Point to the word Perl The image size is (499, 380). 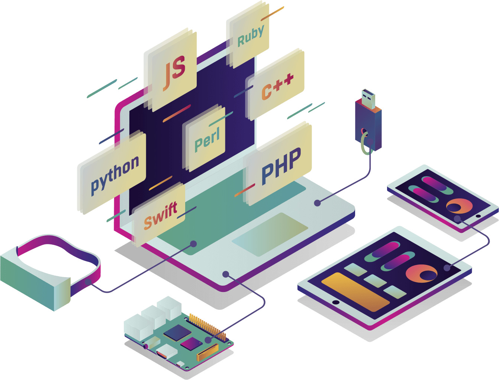(x=207, y=139)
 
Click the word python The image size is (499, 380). (x=115, y=174)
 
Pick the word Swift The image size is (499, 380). (x=160, y=216)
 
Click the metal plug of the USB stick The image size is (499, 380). (x=368, y=98)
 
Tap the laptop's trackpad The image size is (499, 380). (x=270, y=234)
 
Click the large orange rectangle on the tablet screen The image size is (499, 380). (x=355, y=292)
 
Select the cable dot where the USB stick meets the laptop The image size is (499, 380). (x=317, y=203)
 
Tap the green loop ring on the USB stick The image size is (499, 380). (x=365, y=143)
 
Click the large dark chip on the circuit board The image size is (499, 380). (x=177, y=332)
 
